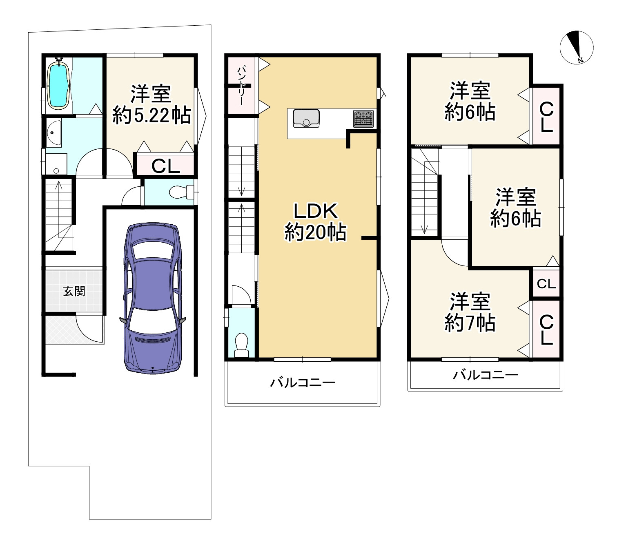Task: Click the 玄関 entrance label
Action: [74, 291]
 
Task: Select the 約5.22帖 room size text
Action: [151, 115]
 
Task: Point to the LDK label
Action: [316, 211]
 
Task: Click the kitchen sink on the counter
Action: [306, 118]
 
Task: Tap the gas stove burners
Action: [363, 119]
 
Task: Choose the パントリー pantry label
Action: [241, 86]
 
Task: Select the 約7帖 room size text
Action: [470, 323]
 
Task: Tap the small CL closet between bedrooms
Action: [546, 284]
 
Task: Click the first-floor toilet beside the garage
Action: [181, 192]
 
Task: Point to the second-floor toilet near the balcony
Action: [241, 345]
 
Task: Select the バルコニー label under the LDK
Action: [303, 383]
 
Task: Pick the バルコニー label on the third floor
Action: [485, 374]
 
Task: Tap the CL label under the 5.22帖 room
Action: [165, 166]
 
